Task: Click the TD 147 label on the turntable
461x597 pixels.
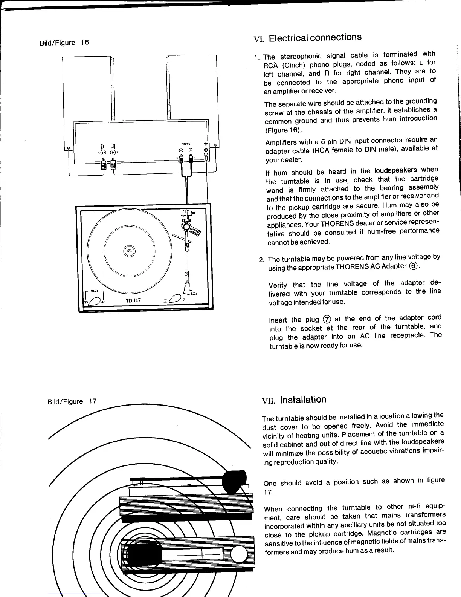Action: coord(133,300)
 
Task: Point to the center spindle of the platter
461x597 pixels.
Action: coord(129,251)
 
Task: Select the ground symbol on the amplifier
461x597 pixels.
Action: coord(206,144)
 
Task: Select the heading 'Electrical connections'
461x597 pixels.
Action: coord(315,38)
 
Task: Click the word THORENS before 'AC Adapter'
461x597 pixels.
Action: coord(351,267)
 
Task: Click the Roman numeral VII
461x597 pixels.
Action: coord(269,401)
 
